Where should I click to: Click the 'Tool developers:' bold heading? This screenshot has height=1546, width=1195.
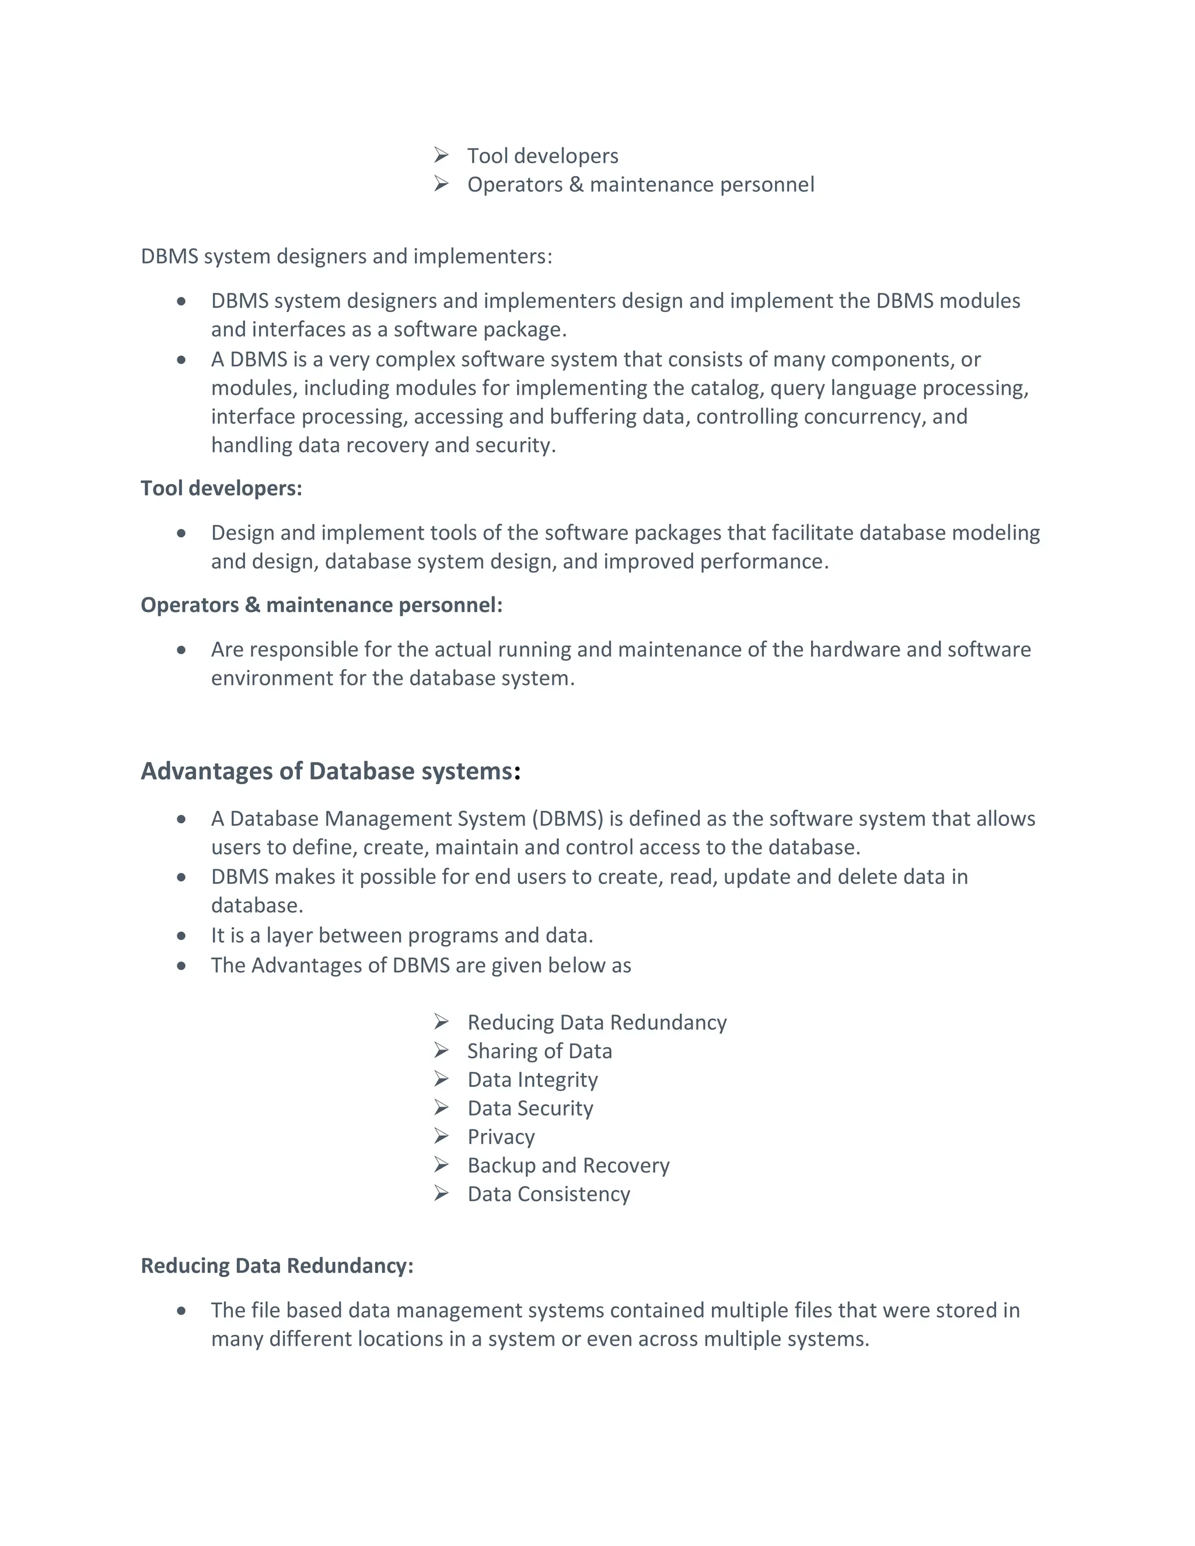(221, 488)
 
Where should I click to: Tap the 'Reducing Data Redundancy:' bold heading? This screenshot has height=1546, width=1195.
(277, 1266)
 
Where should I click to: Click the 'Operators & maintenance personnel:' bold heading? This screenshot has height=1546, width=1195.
(322, 605)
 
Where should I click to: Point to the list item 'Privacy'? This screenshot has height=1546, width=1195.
(501, 1137)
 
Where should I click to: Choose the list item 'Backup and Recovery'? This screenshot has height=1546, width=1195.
(568, 1165)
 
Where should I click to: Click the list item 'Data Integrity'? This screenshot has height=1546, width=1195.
(532, 1079)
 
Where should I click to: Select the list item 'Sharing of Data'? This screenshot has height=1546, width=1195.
(540, 1051)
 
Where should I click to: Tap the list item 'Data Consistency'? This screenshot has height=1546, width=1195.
(548, 1194)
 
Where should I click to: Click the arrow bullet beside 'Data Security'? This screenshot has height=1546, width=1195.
(441, 1108)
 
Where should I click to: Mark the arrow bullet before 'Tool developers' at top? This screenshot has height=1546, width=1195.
(441, 155)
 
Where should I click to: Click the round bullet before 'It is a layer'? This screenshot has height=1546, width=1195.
(181, 936)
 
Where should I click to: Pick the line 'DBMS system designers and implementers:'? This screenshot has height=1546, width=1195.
(346, 256)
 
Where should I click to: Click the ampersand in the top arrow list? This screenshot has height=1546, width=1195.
(576, 185)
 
